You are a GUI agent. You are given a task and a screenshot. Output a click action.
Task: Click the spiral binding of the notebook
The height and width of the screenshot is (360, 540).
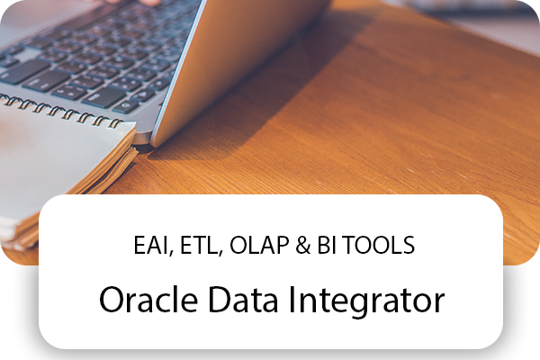tap(63, 115)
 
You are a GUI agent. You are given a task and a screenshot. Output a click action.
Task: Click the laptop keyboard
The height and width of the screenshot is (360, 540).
tap(99, 54)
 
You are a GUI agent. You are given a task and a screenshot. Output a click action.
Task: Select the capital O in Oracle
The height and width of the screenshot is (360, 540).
tap(111, 301)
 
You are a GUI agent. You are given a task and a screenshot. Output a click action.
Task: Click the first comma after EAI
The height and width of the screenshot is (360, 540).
tap(168, 252)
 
